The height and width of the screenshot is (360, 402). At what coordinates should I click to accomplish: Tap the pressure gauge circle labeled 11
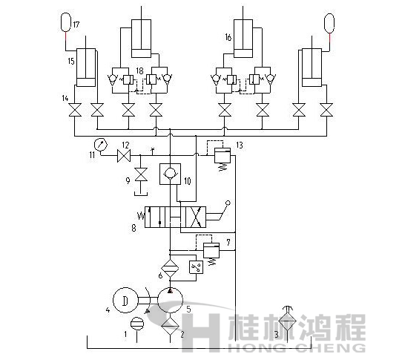[x=101, y=143]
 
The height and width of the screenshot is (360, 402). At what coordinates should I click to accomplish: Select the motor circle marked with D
[x=125, y=300]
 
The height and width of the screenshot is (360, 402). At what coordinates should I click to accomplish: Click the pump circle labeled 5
[x=171, y=301]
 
